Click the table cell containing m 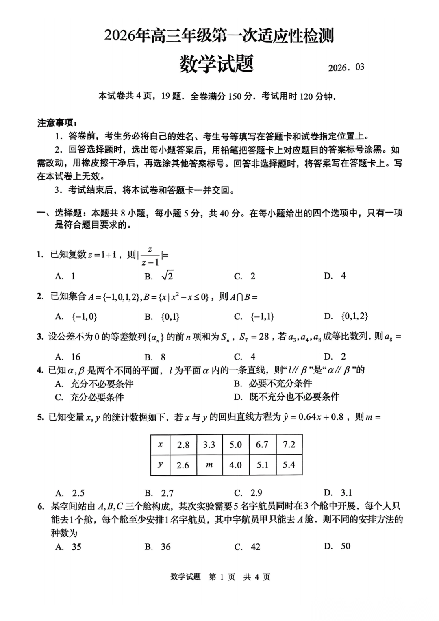point(209,465)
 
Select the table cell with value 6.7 point(262,445)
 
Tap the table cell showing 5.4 point(289,465)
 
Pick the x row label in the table point(160,445)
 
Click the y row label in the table point(160,465)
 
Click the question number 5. point(40,417)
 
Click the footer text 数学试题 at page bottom point(185,577)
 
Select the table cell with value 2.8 point(183,445)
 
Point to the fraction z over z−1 point(150,256)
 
